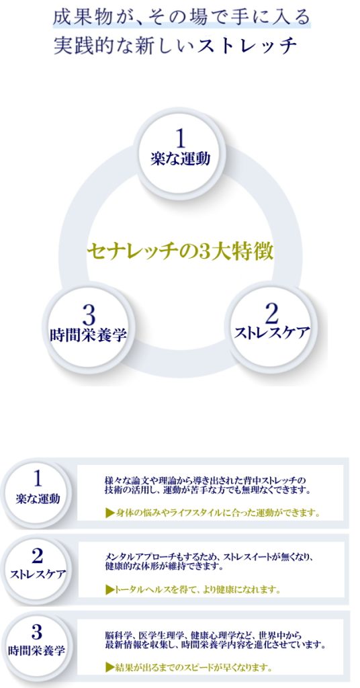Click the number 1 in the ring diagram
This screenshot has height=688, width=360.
tap(180, 138)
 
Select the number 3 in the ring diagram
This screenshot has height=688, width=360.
tap(88, 315)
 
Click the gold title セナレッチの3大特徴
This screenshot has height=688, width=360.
tap(180, 253)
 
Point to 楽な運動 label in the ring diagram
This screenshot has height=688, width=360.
tap(180, 158)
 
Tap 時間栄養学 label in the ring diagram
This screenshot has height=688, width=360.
tap(89, 335)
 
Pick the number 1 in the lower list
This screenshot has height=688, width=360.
tap(38, 478)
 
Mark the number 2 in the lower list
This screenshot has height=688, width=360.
tap(38, 556)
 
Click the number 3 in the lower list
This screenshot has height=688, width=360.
tap(37, 633)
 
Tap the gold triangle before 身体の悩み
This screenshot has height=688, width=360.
tap(110, 513)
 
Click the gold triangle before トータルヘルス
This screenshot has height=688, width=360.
tap(110, 589)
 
